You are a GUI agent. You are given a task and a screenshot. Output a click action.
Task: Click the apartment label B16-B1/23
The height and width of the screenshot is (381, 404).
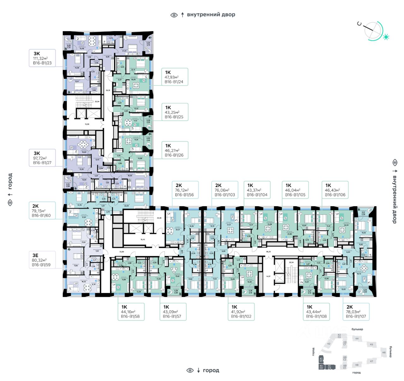pyautogui.click(x=42, y=63)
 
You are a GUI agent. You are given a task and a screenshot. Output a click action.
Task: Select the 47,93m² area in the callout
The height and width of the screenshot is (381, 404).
pyautogui.click(x=171, y=77)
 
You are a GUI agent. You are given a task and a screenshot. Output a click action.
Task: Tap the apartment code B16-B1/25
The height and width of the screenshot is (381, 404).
pyautogui.click(x=174, y=117)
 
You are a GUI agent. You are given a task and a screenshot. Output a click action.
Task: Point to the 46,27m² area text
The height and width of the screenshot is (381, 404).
pyautogui.click(x=172, y=150)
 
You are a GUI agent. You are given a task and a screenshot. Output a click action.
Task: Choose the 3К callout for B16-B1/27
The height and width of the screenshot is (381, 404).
pyautogui.click(x=37, y=153)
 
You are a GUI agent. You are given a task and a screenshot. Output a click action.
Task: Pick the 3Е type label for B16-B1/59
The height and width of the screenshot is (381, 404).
pyautogui.click(x=35, y=255)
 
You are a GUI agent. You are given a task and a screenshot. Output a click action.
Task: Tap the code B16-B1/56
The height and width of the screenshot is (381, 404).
pyautogui.click(x=184, y=195)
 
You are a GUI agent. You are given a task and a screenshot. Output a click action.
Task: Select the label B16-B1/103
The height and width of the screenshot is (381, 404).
pyautogui.click(x=225, y=195)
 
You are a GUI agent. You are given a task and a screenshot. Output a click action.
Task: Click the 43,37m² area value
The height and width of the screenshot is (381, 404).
pyautogui.click(x=254, y=190)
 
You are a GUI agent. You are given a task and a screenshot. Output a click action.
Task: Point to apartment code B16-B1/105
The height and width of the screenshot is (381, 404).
pyautogui.click(x=295, y=195)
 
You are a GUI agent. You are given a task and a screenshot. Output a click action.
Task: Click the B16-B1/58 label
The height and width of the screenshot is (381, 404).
pyautogui.click(x=130, y=316)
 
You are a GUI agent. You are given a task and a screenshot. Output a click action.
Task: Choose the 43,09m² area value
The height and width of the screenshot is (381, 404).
pyautogui.click(x=170, y=312)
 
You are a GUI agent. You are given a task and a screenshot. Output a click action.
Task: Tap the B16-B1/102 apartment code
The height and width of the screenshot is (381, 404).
pyautogui.click(x=241, y=316)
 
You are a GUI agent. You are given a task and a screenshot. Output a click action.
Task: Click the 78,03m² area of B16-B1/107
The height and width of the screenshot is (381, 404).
pyautogui.click(x=353, y=312)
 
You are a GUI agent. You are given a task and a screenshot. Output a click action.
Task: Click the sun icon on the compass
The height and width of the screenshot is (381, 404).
pyautogui.click(x=385, y=37)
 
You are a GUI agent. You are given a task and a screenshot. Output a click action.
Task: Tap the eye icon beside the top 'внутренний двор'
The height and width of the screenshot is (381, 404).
pyautogui.click(x=174, y=15)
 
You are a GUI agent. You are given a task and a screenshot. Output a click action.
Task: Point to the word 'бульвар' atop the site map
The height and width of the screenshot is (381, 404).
pyautogui.click(x=357, y=329)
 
